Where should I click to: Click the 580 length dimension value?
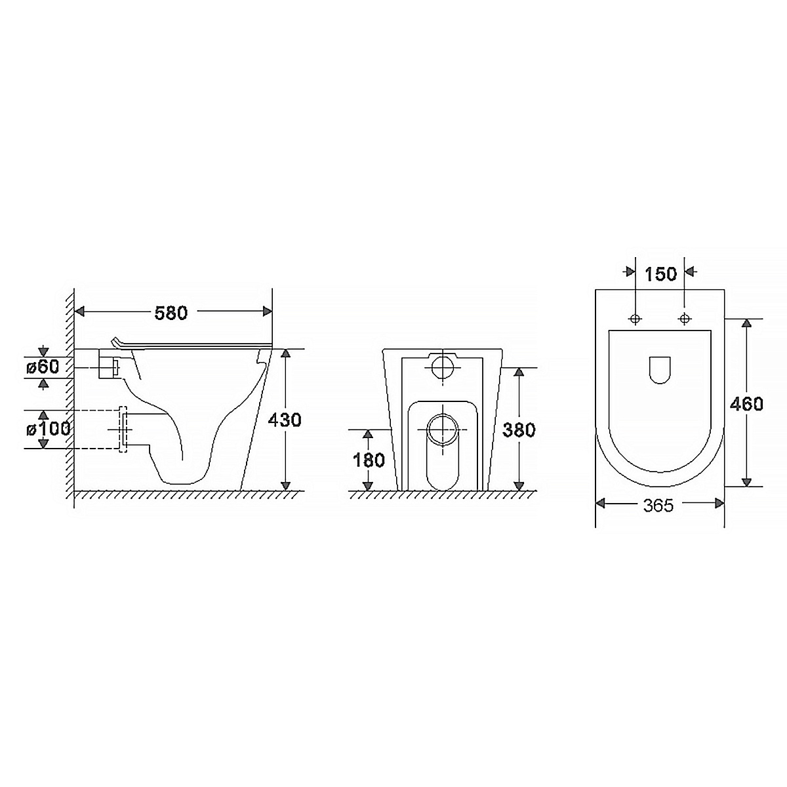171,313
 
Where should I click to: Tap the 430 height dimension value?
284,420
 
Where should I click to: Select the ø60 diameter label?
43,367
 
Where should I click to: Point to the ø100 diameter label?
48,429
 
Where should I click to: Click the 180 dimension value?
369,460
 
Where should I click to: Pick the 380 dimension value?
519,430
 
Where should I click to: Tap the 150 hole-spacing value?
660,274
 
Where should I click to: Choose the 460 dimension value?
746,404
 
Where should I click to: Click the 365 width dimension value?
658,506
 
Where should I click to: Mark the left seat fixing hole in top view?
636,318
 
